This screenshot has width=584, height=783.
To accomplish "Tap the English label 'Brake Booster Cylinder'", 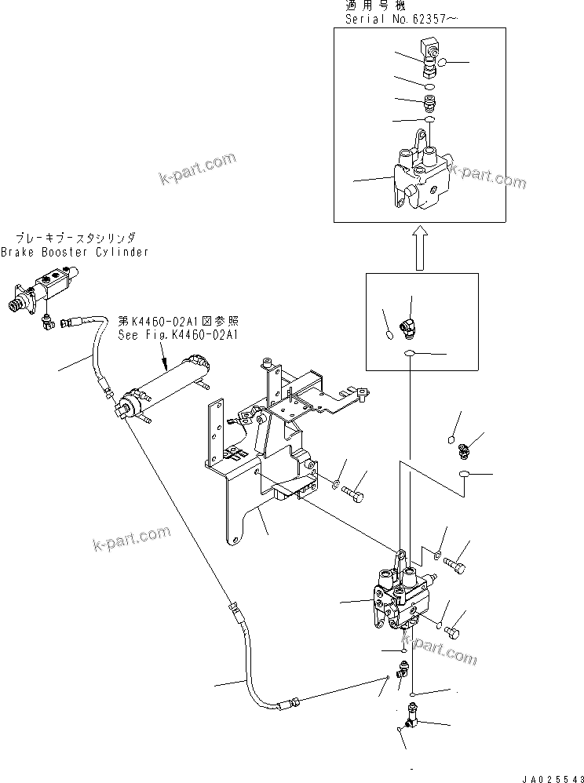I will point(74,252).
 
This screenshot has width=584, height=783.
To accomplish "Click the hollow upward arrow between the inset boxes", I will point(421,244).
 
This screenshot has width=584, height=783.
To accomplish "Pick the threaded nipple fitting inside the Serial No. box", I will point(429,102).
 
